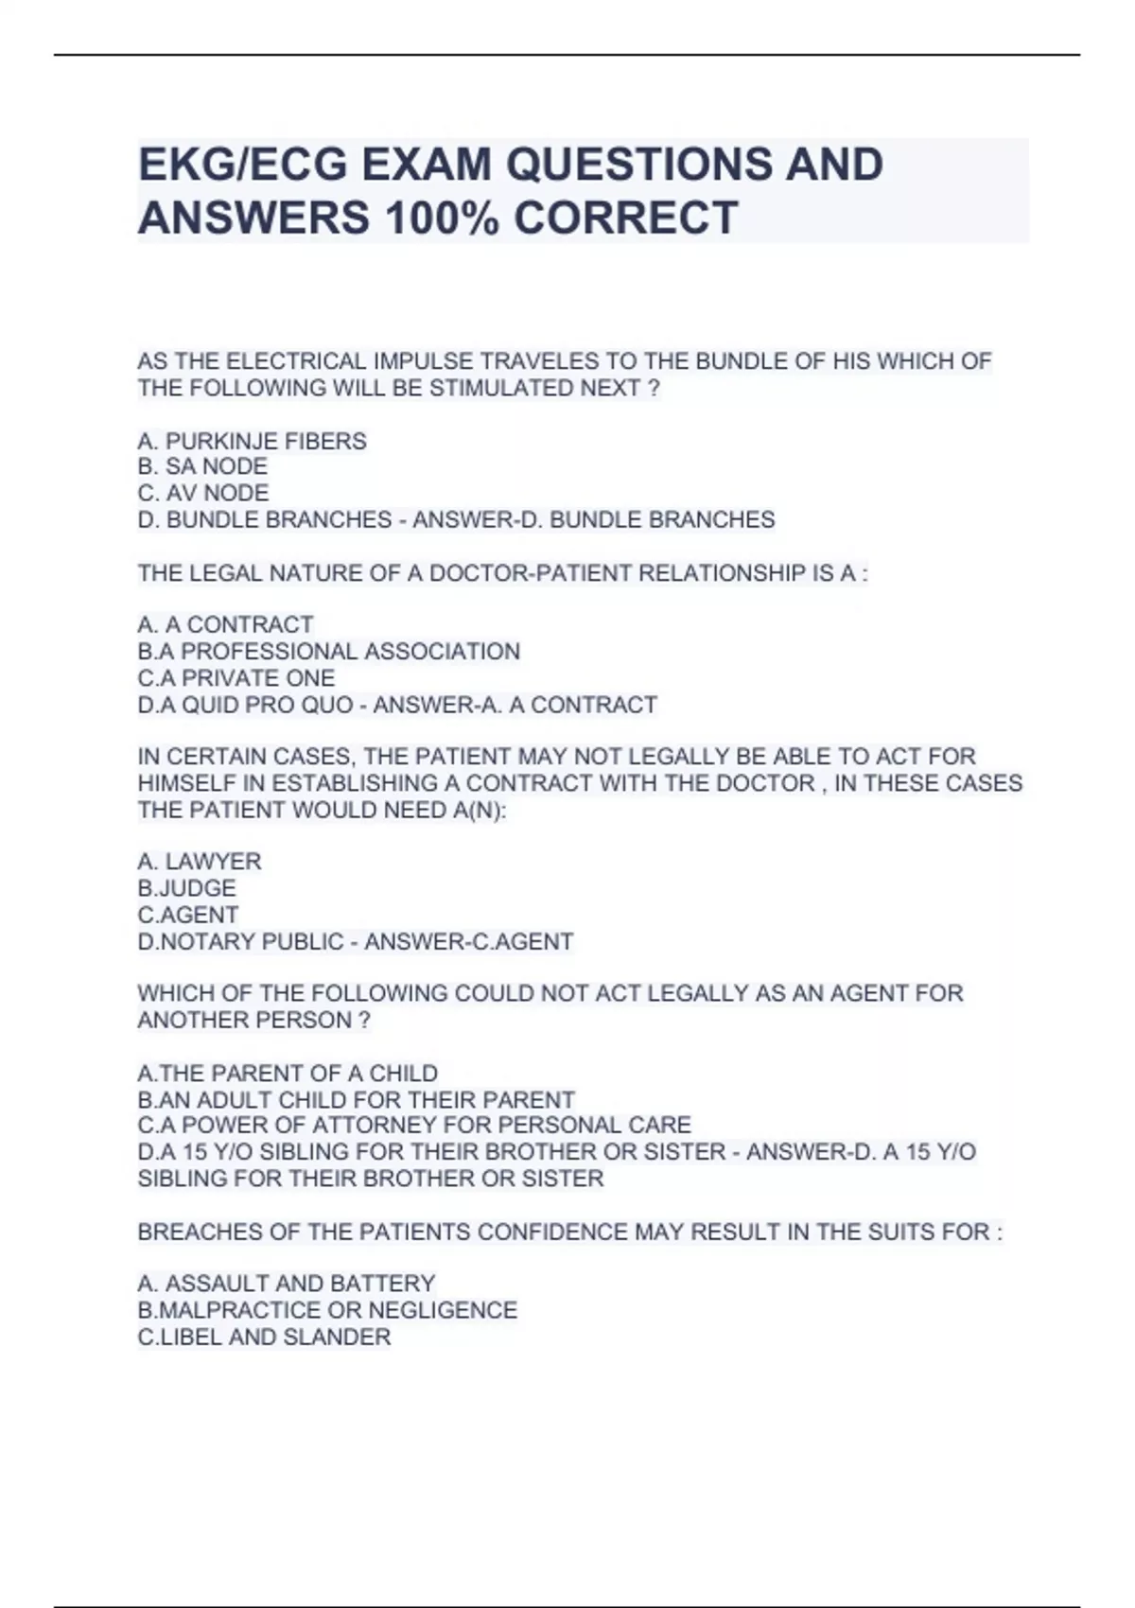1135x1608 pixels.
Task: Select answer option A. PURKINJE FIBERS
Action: coord(252,441)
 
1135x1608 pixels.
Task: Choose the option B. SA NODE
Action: coord(202,466)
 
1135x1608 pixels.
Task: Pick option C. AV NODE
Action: coord(203,493)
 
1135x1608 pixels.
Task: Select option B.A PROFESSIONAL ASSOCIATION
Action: coord(328,652)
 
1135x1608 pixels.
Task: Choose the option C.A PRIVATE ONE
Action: coord(236,678)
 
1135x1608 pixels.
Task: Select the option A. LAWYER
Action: coord(200,862)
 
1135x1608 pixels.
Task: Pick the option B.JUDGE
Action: coord(186,888)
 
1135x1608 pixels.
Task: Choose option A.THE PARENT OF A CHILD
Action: coord(288,1074)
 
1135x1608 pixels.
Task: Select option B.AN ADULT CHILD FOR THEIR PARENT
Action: coord(356,1100)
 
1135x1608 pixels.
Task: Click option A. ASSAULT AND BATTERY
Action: coord(286,1284)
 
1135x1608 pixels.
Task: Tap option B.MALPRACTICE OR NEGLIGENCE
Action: coord(327,1310)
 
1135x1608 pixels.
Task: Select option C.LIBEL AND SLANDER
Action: coord(264,1337)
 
